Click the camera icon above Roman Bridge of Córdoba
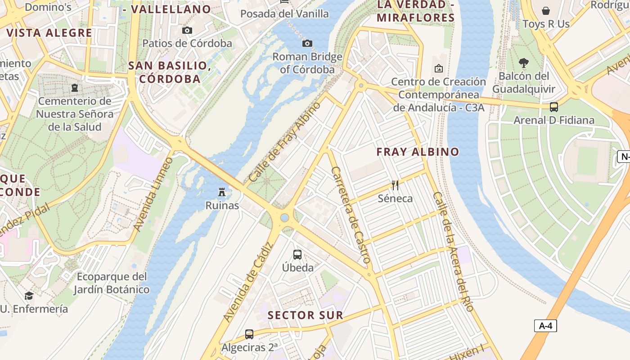(307, 43)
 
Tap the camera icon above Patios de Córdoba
(187, 30)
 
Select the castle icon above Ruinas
(221, 192)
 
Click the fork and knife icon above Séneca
(395, 185)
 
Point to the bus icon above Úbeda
(297, 254)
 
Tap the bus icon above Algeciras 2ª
(249, 334)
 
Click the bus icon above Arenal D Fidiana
(554, 107)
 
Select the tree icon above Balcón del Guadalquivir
(523, 63)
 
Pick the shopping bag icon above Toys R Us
(546, 10)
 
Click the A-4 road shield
(545, 326)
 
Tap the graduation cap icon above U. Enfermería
(29, 296)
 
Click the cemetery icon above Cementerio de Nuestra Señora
(75, 87)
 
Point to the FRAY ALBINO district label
(418, 152)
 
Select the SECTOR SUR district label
(306, 315)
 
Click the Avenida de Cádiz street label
(248, 283)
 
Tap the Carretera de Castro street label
(351, 215)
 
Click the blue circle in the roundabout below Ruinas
(284, 218)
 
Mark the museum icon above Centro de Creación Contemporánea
(438, 68)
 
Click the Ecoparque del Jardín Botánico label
(112, 283)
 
